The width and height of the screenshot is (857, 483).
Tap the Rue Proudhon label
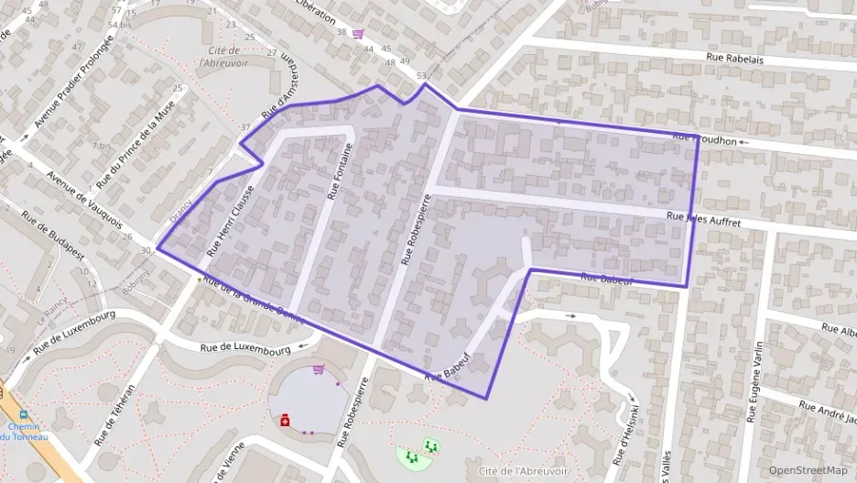coord(704,139)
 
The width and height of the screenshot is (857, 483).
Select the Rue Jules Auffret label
coord(704,221)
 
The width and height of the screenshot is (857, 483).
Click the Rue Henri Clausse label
coord(230,220)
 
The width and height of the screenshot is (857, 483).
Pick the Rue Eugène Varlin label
coord(754,381)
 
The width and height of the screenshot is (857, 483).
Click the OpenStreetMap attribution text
coord(808,470)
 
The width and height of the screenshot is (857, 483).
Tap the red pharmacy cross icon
coord(286,420)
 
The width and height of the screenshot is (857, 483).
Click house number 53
coord(421,75)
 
